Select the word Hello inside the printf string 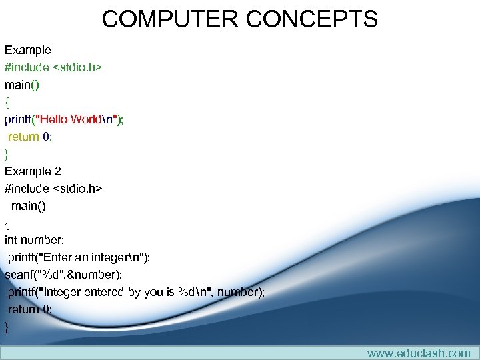53,119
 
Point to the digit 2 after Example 57,171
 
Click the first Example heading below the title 28,50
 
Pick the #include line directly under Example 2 53,189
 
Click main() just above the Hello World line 23,85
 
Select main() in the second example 29,206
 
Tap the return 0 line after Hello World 29,137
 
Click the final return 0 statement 29,309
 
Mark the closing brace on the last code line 7,327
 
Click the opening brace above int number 7,223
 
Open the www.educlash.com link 418,353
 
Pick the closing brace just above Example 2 7,154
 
